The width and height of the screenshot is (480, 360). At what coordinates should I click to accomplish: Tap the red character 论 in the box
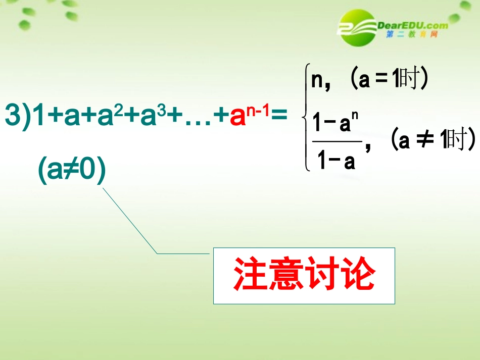358,275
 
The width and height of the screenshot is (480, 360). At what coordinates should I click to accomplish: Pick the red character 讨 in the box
322,275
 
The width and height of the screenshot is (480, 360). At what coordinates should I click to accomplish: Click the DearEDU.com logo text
412,26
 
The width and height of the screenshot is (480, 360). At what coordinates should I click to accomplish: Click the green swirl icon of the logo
359,26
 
